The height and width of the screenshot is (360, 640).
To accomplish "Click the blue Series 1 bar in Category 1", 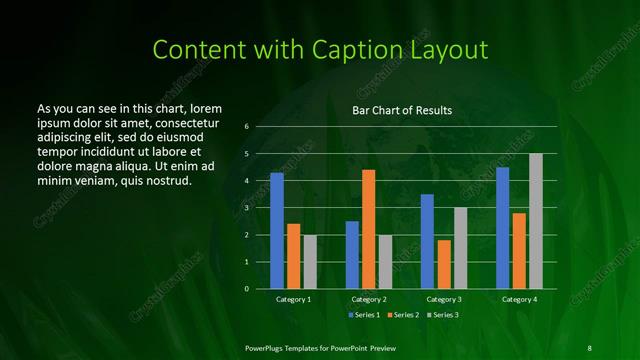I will pos(277,231).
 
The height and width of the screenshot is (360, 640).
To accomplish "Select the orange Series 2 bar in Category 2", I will pos(368,229).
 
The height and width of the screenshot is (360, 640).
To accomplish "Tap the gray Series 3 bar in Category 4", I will pos(535,221).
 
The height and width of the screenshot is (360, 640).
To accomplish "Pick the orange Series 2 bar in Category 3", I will pos(443,264).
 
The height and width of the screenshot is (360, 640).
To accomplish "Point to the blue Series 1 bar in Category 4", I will pos(502,228).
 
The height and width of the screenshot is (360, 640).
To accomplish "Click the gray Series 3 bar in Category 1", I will pos(310,262).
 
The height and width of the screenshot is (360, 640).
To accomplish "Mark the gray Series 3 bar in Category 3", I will pos(460,248).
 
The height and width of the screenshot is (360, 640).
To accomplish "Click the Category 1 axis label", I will pos(293,299).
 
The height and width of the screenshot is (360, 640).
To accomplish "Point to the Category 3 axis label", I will pos(443,299).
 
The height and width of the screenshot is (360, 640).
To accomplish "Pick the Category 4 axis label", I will pos(519,299).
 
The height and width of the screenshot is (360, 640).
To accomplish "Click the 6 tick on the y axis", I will pos(246,127).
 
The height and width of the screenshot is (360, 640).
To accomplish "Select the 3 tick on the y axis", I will pos(246,208).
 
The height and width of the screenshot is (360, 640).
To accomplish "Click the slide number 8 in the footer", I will pos(589,347).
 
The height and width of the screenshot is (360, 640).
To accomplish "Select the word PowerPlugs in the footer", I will pos(269,347).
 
